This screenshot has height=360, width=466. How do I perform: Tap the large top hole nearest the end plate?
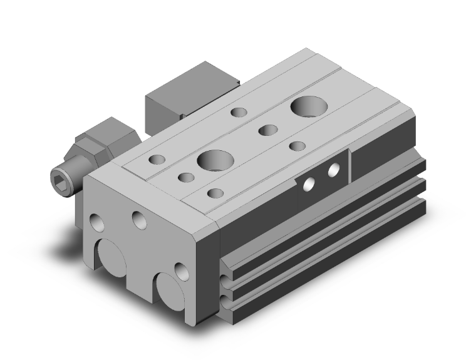215,160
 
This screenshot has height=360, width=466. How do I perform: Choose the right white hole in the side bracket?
333,168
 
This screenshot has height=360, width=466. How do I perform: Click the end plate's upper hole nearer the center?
139,218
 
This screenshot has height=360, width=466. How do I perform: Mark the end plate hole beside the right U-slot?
182,271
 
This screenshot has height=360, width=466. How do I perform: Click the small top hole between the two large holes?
268,131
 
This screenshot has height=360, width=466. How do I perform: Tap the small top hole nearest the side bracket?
297,146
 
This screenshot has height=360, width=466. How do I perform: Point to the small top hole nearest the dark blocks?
239,113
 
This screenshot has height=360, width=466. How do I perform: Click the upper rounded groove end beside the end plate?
225,277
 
